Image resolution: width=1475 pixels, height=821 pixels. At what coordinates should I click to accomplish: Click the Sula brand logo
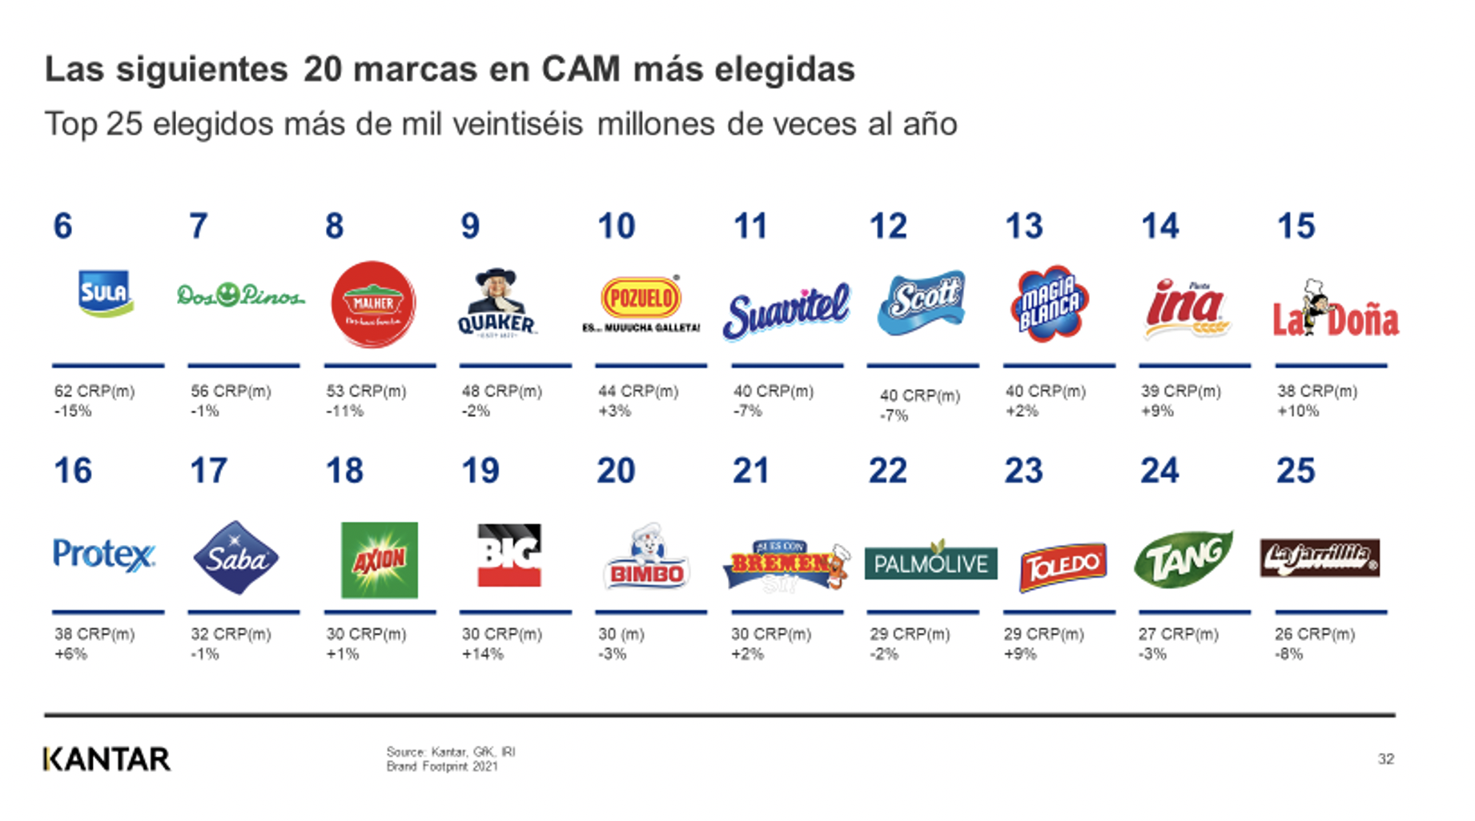(105, 294)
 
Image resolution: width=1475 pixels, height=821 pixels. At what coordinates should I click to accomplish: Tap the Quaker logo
(496, 304)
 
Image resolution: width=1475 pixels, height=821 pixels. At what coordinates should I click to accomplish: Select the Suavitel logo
(786, 310)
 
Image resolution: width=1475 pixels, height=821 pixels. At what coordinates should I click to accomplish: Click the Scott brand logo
(922, 302)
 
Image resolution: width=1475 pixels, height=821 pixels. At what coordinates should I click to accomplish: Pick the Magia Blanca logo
(1050, 303)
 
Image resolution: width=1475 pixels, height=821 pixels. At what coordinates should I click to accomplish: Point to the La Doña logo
(1335, 312)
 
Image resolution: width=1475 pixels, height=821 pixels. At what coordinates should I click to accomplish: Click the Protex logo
(104, 555)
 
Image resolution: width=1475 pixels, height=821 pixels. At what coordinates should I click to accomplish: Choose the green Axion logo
(380, 560)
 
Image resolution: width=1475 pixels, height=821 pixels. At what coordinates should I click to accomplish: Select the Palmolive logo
(930, 563)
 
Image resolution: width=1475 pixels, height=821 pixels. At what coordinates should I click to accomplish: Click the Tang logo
(1184, 558)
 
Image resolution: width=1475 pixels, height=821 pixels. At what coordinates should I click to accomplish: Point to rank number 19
(480, 471)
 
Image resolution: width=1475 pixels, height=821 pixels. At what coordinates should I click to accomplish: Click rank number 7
(198, 226)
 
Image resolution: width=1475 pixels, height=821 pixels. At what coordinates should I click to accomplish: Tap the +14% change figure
(482, 654)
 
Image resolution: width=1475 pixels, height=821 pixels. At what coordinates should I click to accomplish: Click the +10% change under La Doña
(1298, 411)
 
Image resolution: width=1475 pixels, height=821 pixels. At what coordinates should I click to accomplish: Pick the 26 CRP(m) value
(1314, 634)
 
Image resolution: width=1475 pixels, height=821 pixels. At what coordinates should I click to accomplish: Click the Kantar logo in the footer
(107, 759)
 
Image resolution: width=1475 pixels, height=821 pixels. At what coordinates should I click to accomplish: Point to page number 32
(1385, 759)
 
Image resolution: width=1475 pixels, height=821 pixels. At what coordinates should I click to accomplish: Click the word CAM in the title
(581, 70)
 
